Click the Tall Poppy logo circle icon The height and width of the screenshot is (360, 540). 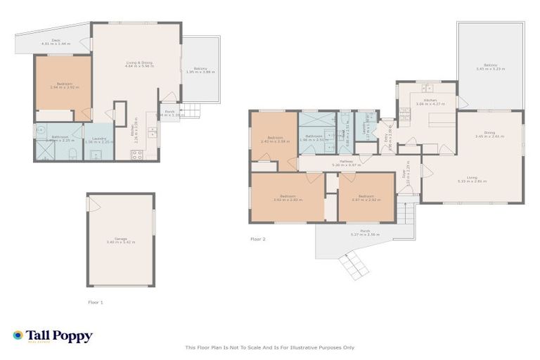click(x=18, y=335)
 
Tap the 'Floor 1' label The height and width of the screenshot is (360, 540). click(x=95, y=302)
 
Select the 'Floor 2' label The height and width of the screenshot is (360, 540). click(x=258, y=238)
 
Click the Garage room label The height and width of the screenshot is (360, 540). click(x=120, y=239)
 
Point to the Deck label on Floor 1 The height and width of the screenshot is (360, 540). click(x=46, y=41)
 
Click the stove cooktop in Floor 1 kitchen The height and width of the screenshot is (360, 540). click(x=137, y=155)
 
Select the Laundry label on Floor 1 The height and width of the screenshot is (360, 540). click(x=95, y=139)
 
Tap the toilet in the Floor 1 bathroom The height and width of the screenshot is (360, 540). click(x=41, y=129)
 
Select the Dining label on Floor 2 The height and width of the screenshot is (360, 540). click(x=489, y=134)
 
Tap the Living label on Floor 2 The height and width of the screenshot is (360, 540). click(x=472, y=179)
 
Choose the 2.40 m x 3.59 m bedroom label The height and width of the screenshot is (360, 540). click(x=271, y=139)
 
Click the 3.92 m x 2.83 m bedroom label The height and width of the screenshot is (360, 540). click(x=287, y=198)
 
